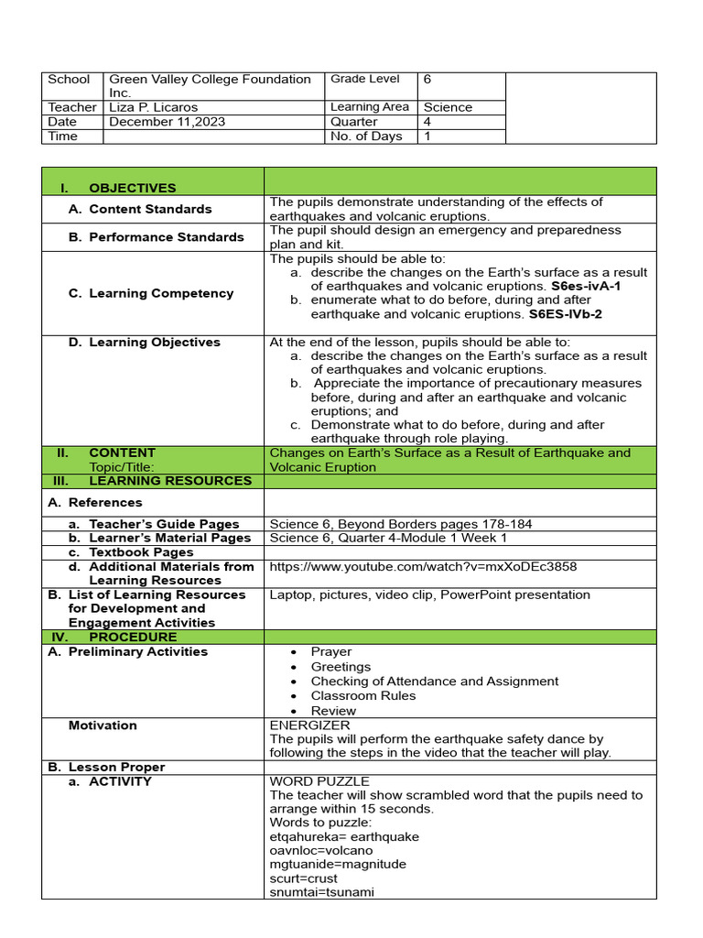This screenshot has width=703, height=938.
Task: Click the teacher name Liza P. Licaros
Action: click(x=153, y=107)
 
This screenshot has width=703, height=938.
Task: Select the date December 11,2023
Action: click(x=167, y=122)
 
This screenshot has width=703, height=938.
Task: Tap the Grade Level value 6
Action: click(x=427, y=80)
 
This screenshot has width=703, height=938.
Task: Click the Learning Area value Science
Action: click(x=448, y=107)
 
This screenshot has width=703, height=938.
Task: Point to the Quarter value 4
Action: click(x=427, y=122)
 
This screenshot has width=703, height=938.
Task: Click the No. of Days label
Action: click(x=366, y=136)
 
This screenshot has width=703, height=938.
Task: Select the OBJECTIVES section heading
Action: click(x=132, y=188)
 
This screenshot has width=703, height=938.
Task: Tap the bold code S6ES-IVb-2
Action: click(x=565, y=314)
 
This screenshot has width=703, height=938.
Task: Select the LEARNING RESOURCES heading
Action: click(x=169, y=481)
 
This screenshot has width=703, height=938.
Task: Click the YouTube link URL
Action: click(x=423, y=566)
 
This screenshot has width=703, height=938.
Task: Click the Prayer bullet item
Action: click(x=330, y=652)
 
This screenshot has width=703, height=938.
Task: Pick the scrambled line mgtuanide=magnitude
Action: click(x=338, y=864)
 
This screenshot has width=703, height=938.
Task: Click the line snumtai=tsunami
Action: click(x=322, y=892)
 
